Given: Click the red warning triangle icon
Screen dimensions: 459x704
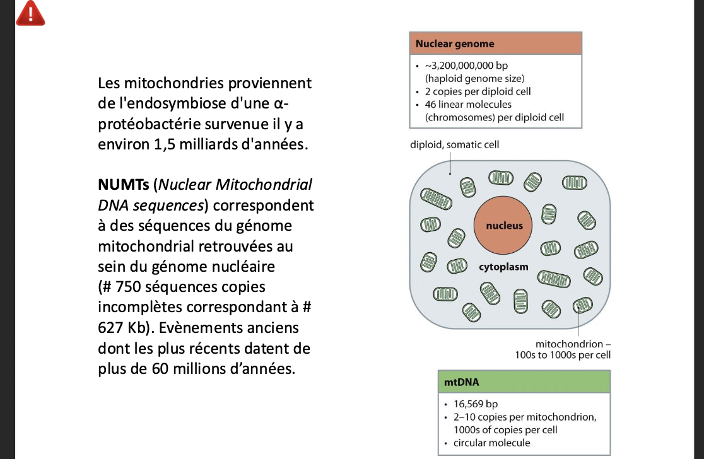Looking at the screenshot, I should pyautogui.click(x=29, y=13).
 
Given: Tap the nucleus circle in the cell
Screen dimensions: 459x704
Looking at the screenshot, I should pyautogui.click(x=504, y=225).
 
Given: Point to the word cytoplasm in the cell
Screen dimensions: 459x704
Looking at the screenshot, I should pyautogui.click(x=503, y=267).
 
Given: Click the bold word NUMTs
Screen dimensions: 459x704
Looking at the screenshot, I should pyautogui.click(x=124, y=185).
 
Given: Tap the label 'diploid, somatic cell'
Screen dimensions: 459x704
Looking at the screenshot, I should pyautogui.click(x=454, y=145).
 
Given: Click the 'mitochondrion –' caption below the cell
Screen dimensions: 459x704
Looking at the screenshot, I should pyautogui.click(x=573, y=344).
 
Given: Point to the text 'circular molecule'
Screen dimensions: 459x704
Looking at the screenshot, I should pyautogui.click(x=492, y=443).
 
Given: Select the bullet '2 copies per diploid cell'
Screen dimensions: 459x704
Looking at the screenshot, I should pyautogui.click(x=478, y=91).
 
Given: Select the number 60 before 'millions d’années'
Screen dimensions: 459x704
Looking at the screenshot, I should pyautogui.click(x=161, y=369).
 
